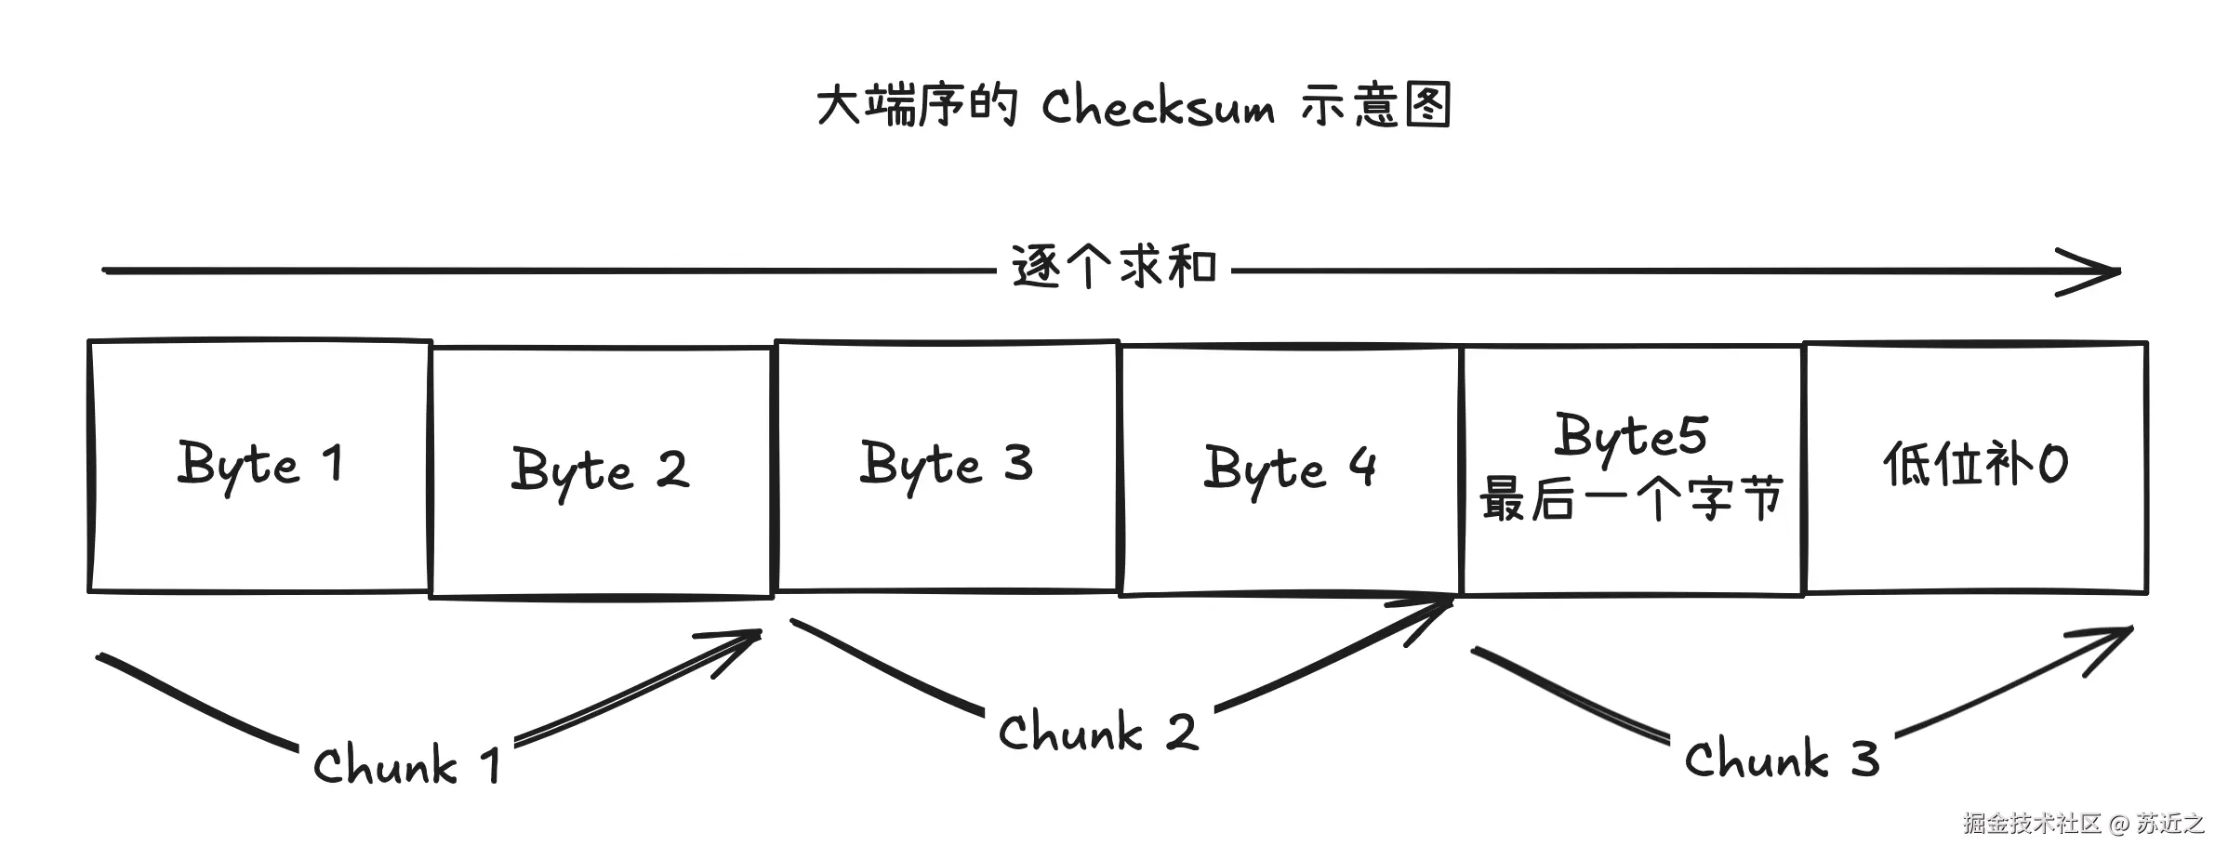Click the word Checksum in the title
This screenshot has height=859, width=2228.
coord(1157,106)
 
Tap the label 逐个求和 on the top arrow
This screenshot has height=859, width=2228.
coord(1114,268)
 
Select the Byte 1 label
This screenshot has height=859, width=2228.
coord(260,464)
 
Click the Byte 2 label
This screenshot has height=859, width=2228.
coord(601,469)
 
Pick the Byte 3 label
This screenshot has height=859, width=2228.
coord(947,464)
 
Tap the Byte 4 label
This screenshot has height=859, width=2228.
coord(1290,468)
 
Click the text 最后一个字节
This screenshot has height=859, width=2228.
coord(1631,499)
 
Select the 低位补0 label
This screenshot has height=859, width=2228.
coord(1975,464)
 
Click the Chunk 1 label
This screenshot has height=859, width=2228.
coord(407,766)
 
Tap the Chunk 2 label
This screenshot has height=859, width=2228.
coord(1097,733)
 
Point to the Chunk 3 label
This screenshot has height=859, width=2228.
coord(1782,760)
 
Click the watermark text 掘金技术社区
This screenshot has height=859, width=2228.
coord(2033,824)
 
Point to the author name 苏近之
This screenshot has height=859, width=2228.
coord(2170,824)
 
